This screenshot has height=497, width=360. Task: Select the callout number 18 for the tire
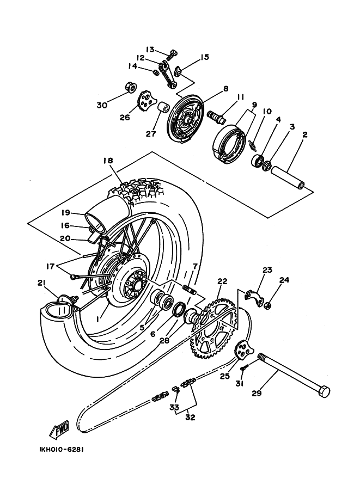point(108,161)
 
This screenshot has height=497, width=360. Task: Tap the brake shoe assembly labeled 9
point(229,144)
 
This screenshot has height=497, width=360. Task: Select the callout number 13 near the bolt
point(150,50)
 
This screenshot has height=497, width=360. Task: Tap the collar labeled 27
point(163,109)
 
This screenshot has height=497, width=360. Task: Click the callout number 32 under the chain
point(190,417)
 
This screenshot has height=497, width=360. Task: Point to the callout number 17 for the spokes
point(50,266)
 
